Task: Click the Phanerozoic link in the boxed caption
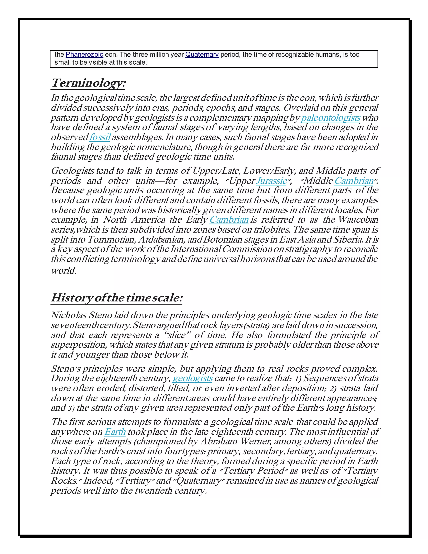(x=84, y=55)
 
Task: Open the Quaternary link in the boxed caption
(x=202, y=55)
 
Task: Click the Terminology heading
(x=88, y=83)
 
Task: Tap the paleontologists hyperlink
(x=330, y=118)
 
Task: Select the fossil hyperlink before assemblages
(x=100, y=137)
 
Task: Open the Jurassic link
(x=271, y=181)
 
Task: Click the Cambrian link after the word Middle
(x=354, y=181)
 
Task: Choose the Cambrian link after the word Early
(x=229, y=220)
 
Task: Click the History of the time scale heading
(x=117, y=298)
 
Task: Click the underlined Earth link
(x=115, y=432)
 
